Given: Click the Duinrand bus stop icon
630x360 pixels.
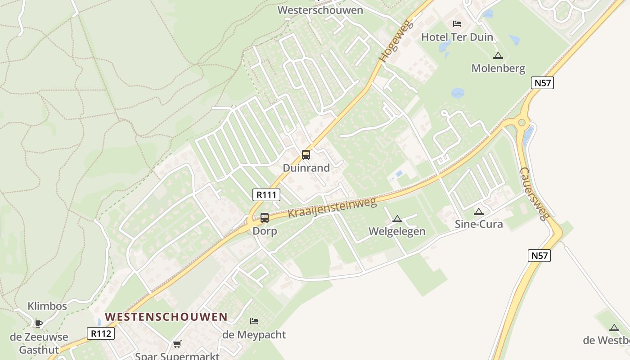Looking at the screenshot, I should point(306,155).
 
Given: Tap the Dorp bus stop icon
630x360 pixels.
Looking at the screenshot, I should point(265,218).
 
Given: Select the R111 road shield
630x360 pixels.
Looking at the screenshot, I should point(266,195).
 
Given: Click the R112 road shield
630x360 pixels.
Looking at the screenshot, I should point(101,333).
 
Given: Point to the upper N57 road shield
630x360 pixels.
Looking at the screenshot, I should point(542,83).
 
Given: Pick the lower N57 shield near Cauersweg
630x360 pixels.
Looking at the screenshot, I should point(539,256).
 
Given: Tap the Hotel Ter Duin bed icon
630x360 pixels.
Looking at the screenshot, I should point(457,24).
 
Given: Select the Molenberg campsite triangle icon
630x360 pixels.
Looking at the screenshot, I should point(498,56).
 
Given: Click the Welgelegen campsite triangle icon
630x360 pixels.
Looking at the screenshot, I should point(397,219).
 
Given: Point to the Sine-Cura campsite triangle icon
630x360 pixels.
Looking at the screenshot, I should point(479,211).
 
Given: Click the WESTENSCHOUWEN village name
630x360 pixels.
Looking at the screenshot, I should point(166,317).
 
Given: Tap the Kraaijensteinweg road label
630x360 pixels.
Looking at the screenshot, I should point(332,208).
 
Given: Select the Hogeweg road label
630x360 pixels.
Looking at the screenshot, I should point(390,40).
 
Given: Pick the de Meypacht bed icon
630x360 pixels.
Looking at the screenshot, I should point(254,321).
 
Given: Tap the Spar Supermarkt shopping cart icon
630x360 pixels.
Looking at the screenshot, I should point(177,344).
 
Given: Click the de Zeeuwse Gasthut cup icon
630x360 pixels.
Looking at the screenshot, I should point(39,323).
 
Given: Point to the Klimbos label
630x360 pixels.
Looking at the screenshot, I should point(47,306).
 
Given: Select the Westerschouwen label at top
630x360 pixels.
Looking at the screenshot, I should point(320,10).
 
